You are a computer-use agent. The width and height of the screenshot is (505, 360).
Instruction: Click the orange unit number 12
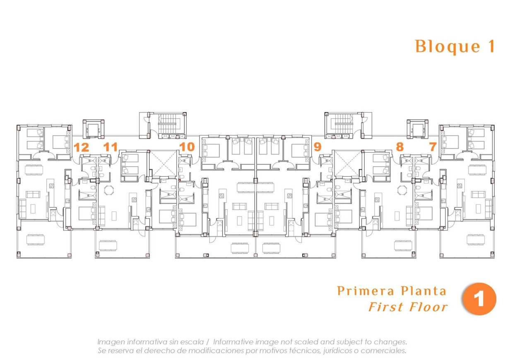[x=81, y=147]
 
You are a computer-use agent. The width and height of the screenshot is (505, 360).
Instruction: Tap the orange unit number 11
[x=111, y=147]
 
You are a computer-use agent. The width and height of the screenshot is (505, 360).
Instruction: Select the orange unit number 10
[x=187, y=147]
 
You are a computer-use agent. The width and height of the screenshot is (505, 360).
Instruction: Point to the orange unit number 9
[x=317, y=147]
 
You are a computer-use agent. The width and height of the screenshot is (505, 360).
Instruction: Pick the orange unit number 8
[x=399, y=147]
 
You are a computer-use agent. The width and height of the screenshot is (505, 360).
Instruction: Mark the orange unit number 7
[x=433, y=147]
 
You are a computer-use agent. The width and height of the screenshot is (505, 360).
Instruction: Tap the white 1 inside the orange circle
[x=479, y=299]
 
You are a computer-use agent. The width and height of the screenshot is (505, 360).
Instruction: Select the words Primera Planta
[x=392, y=291]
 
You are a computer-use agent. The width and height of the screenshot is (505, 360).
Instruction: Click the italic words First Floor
[x=408, y=307]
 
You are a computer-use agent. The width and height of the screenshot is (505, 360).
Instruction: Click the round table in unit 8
[x=402, y=190]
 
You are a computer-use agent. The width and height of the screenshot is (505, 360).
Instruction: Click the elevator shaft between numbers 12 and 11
[x=94, y=129]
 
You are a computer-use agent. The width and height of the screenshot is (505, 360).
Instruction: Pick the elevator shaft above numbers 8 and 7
[x=417, y=129]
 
